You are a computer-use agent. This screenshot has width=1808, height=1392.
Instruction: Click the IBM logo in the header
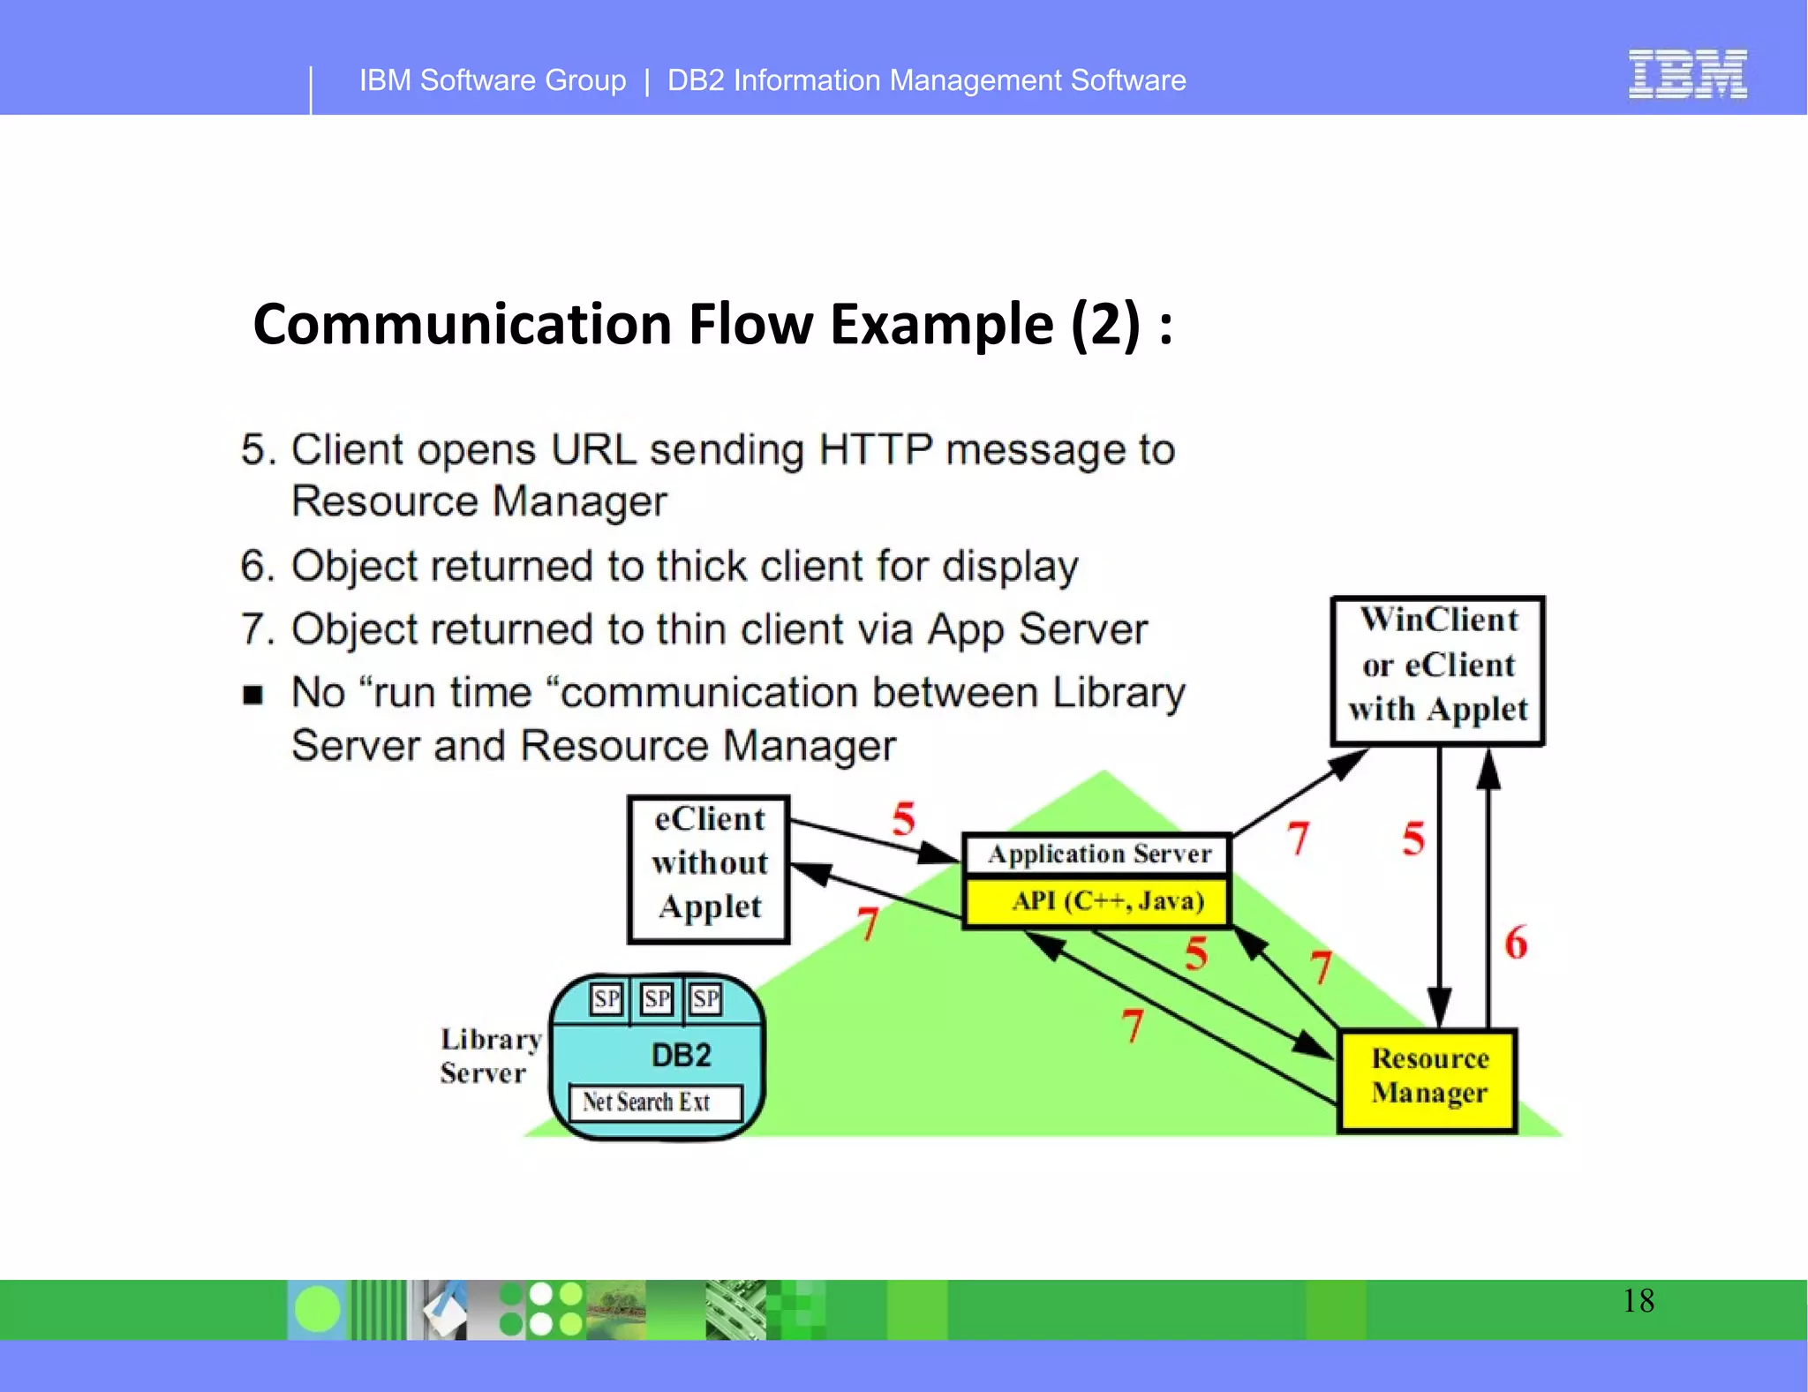(x=1687, y=74)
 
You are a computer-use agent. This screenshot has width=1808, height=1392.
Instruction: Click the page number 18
(x=1638, y=1301)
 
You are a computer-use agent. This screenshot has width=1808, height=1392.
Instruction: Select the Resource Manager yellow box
(x=1428, y=1080)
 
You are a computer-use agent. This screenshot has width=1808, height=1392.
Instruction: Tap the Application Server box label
(x=1098, y=854)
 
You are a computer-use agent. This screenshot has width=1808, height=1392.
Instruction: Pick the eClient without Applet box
(x=709, y=869)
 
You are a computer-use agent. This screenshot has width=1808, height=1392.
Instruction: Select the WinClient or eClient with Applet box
(x=1438, y=670)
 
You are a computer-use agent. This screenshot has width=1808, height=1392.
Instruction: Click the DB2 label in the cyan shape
(x=681, y=1056)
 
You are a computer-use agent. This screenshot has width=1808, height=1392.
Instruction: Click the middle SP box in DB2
(x=657, y=999)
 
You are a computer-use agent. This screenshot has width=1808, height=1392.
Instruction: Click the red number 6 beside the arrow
(x=1516, y=943)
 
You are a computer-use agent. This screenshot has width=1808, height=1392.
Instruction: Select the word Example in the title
(x=941, y=324)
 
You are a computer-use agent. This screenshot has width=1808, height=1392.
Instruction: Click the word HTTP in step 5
(x=875, y=449)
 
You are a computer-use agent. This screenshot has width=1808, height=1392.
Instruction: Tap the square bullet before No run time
(x=253, y=695)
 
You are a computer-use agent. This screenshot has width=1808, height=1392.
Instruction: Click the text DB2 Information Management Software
(x=926, y=80)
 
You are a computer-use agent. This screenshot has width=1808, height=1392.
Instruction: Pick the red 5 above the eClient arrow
(x=903, y=818)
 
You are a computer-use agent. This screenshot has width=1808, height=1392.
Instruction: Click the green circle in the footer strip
(x=317, y=1309)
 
